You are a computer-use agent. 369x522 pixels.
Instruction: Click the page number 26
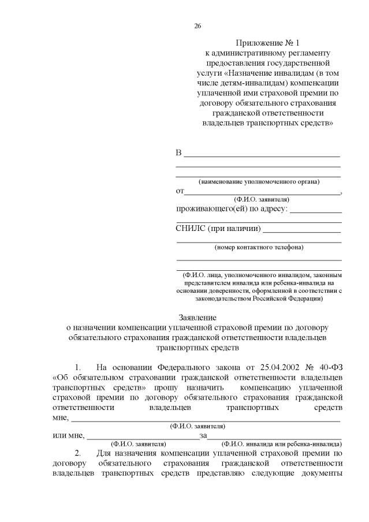pos(197,26)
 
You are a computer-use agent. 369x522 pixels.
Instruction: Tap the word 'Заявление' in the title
pos(197,317)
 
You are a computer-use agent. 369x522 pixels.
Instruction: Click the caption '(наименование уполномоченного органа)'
pos(258,181)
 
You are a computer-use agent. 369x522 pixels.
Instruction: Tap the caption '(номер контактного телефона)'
pos(258,247)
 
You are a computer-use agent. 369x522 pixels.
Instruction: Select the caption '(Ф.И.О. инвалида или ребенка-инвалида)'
pos(281,444)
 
